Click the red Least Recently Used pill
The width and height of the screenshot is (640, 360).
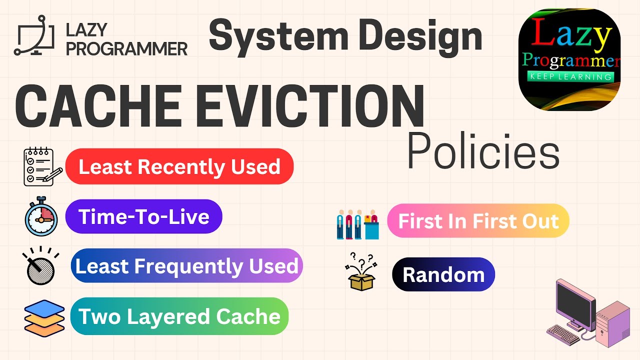click(179, 166)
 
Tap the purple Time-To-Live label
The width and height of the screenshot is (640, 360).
click(143, 216)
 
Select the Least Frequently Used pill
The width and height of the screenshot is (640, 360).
click(186, 265)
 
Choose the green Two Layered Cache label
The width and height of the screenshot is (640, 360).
click(179, 316)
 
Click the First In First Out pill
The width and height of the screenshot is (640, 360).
click(478, 220)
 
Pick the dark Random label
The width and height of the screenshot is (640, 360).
click(443, 274)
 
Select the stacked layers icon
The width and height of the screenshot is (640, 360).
click(44, 316)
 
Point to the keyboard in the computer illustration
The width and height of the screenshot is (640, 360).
click(563, 334)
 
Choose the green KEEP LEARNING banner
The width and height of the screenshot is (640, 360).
click(569, 76)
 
